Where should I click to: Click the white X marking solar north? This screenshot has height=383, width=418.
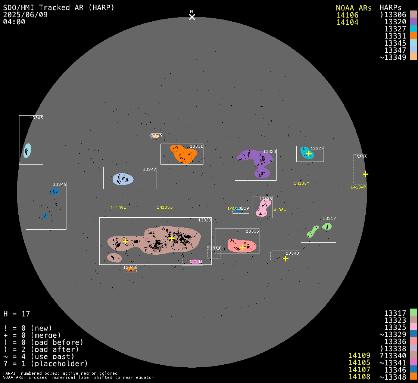point(192,17)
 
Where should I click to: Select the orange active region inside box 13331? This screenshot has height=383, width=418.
point(183,154)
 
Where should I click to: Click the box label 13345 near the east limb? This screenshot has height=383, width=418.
point(36,118)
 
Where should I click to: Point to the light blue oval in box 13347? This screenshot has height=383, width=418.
point(123,179)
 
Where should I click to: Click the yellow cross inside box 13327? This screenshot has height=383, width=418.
point(309,153)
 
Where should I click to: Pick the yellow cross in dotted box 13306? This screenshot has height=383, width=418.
point(365,174)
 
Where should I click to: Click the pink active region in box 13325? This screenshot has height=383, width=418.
point(263,208)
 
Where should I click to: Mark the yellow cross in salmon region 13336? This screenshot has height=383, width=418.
point(242,247)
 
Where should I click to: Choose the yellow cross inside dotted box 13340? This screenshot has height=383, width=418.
point(286,258)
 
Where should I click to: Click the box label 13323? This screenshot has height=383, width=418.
point(205,220)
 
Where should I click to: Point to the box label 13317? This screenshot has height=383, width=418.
point(329,218)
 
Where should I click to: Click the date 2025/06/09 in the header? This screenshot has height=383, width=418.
point(25,15)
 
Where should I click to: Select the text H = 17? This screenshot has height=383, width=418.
point(16,314)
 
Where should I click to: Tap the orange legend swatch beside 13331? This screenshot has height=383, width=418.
point(413,36)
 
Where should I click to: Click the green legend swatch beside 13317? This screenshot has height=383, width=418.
point(413,312)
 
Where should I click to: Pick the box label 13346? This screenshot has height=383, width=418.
point(59,184)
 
